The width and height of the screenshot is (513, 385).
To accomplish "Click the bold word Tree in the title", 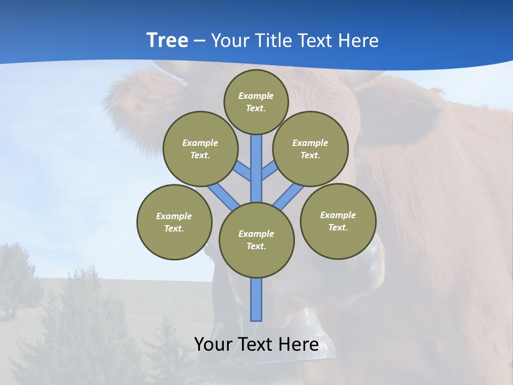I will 167,40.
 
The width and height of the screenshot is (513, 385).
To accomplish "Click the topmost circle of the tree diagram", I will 256,102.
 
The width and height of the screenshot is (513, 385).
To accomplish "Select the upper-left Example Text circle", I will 200,149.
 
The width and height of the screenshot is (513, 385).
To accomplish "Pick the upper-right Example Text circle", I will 310,149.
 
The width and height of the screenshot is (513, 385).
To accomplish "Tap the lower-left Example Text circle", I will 174,222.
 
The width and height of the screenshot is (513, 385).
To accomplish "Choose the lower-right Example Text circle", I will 338,221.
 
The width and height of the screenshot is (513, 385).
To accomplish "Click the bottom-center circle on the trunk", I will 256,240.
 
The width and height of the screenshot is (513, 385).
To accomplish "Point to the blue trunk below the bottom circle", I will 256,299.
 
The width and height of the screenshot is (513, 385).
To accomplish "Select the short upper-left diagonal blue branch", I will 243,171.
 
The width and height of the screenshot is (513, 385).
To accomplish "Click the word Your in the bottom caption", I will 213,344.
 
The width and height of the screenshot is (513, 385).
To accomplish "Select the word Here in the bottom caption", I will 299,344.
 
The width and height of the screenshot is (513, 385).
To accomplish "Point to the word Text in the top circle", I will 255,108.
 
